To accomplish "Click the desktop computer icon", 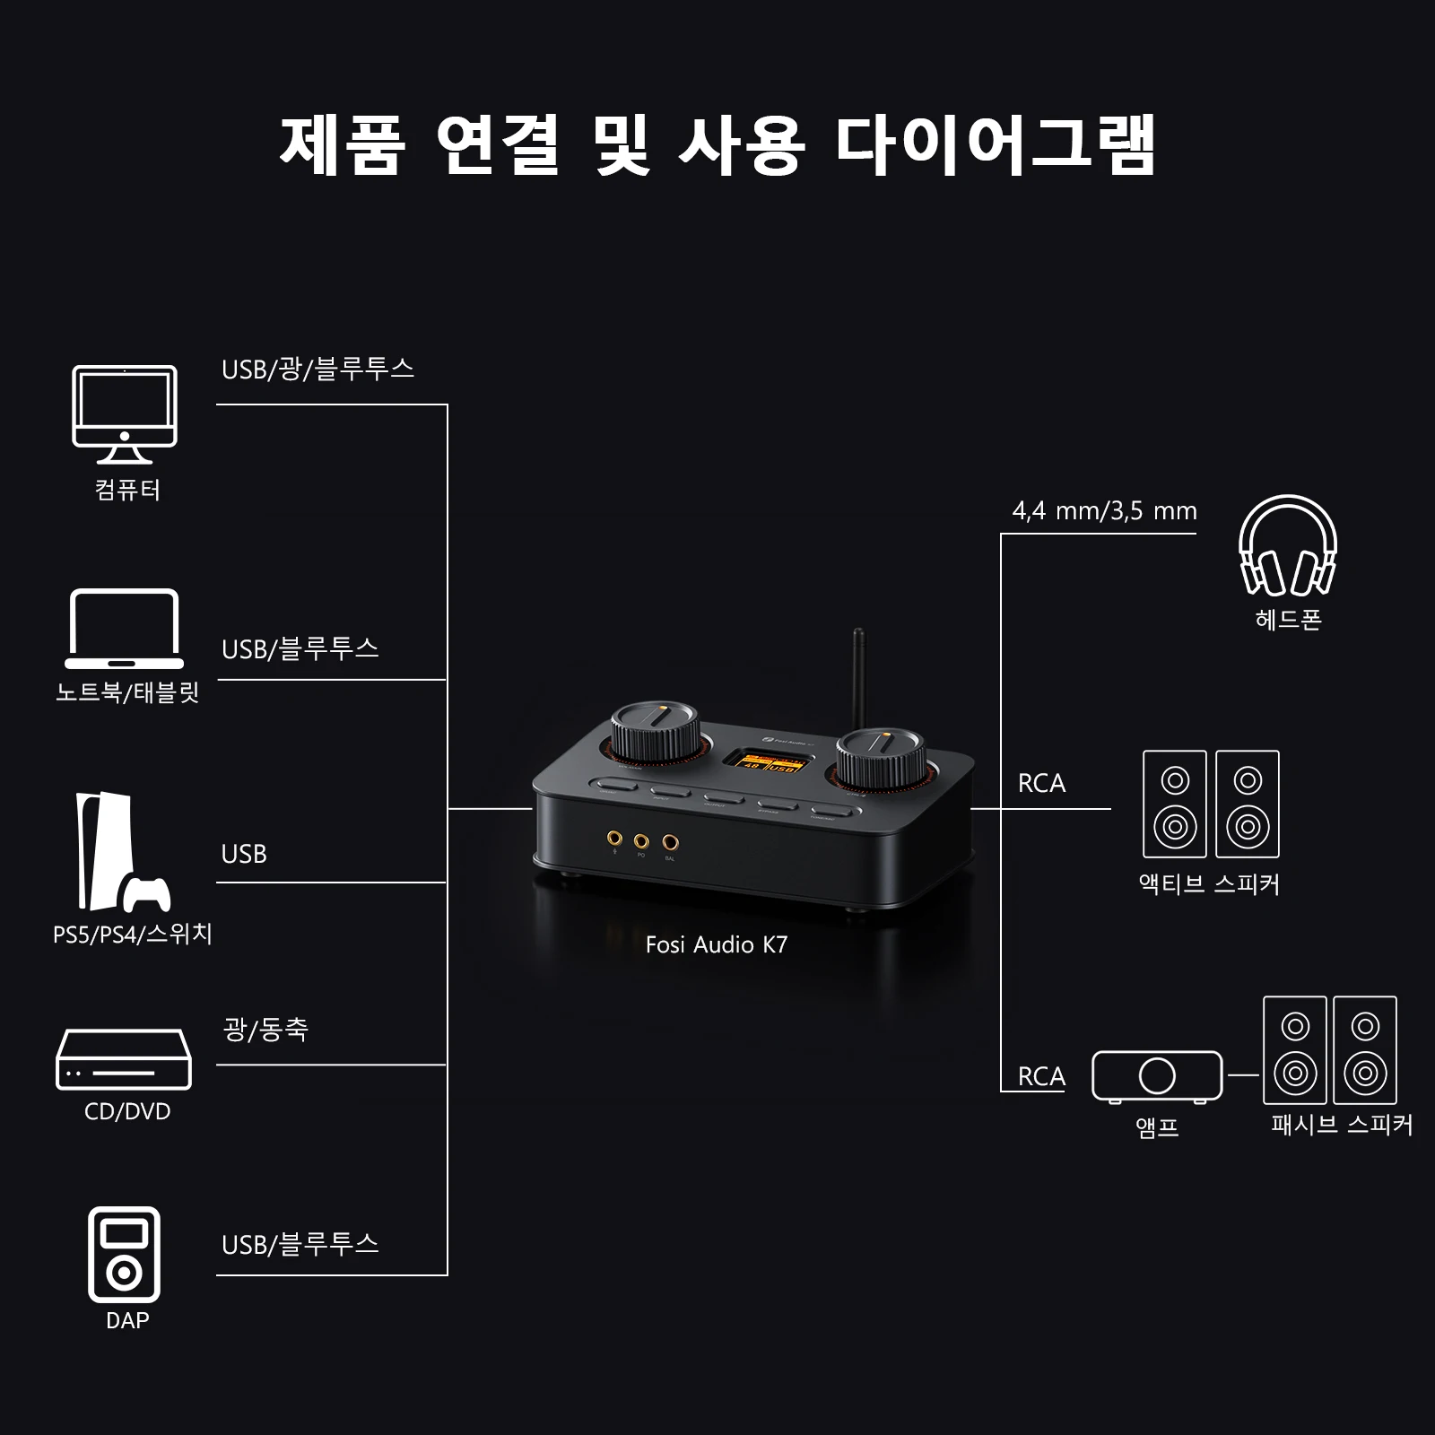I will (125, 413).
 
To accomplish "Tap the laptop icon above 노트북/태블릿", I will (125, 630).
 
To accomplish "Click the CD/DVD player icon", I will (124, 1059).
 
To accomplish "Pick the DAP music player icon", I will (124, 1254).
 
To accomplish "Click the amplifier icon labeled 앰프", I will (1157, 1075).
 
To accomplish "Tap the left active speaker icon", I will (1175, 804).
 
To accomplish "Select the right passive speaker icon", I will (1365, 1050).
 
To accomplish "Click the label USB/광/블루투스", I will (317, 369).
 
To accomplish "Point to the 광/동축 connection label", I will (265, 1029).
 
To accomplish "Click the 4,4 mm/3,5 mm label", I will (1104, 511).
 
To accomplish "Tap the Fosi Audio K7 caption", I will (716, 944).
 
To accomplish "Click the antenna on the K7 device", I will (858, 673).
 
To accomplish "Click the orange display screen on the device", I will (769, 762).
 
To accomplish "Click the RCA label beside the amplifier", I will (1041, 1076).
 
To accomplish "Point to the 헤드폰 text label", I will (1288, 620).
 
